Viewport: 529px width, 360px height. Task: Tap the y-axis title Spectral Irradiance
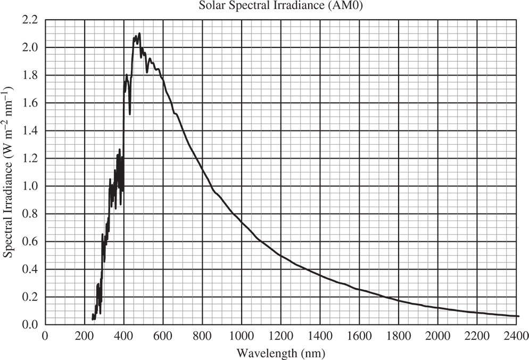tap(9, 176)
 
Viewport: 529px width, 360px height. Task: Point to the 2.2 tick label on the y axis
tap(30, 20)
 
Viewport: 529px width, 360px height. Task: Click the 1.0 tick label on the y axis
tap(30, 186)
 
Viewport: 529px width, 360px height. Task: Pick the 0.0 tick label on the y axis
tap(30, 324)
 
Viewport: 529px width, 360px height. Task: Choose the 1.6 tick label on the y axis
tap(30, 103)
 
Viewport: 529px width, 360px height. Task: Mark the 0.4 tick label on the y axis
tap(30, 269)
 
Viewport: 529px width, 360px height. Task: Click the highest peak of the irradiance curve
tap(139, 34)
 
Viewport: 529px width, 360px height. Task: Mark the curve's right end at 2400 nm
tap(517, 316)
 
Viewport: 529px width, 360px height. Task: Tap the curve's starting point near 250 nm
tap(93, 318)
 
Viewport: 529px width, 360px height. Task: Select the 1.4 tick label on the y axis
tap(30, 130)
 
